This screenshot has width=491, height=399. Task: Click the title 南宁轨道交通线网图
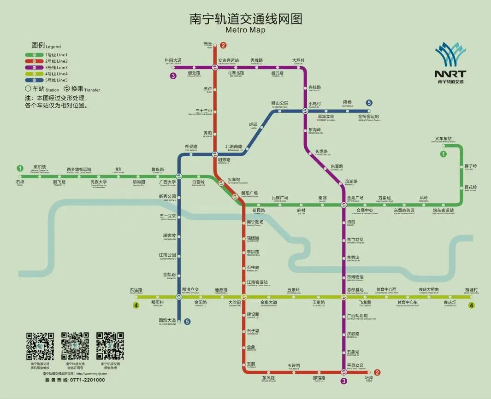(x=246, y=19)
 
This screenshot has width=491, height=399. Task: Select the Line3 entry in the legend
(x=49, y=68)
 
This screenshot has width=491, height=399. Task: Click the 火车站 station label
(x=234, y=180)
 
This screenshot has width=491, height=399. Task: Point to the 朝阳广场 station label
(x=249, y=193)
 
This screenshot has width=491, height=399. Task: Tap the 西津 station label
(x=207, y=44)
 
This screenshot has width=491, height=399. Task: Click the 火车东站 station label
(x=443, y=139)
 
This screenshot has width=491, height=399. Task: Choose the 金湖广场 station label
(x=355, y=198)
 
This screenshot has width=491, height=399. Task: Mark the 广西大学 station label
(x=167, y=182)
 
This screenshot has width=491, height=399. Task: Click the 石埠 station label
(x=20, y=182)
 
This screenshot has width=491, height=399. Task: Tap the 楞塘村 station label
(x=471, y=290)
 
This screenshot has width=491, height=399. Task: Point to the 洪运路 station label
(x=136, y=290)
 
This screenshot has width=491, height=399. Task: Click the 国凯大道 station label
(x=167, y=320)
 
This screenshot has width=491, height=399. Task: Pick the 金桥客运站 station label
(x=369, y=117)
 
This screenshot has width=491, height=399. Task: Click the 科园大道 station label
(x=173, y=60)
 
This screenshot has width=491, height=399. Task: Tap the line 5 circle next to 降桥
(x=369, y=103)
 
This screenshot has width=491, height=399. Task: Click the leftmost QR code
(x=40, y=346)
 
